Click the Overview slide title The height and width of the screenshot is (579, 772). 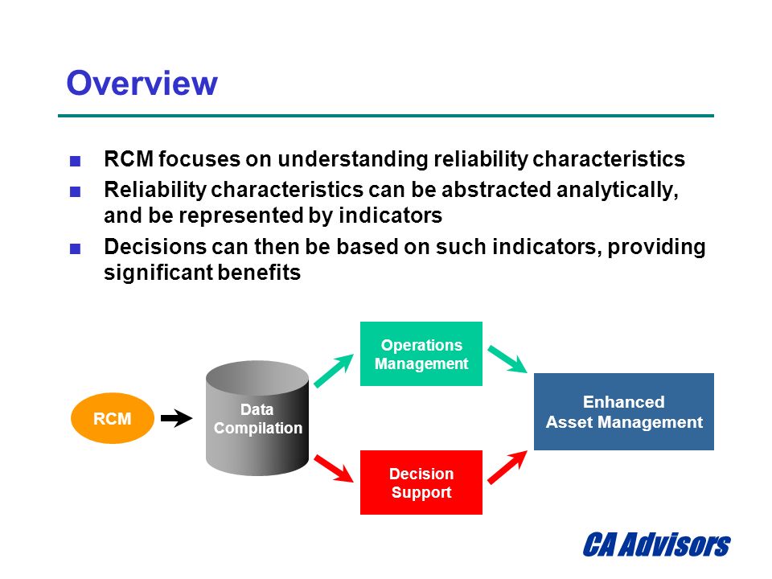click(142, 83)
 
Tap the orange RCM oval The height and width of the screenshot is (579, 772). click(113, 418)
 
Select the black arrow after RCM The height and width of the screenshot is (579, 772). click(176, 418)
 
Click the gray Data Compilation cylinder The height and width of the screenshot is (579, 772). click(257, 418)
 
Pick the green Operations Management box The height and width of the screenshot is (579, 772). click(421, 354)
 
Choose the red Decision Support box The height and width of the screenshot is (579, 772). click(421, 482)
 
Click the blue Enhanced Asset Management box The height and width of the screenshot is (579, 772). click(624, 412)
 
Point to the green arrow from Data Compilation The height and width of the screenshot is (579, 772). click(334, 370)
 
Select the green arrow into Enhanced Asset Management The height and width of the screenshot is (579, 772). click(507, 359)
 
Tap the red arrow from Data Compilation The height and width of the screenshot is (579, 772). click(334, 468)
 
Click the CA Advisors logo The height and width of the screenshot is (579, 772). click(656, 544)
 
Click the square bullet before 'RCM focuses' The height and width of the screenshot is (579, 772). click(76, 161)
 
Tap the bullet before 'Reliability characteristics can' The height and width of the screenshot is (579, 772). click(76, 191)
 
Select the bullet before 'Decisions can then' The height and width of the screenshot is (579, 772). click(76, 248)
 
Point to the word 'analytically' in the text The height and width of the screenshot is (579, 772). click(618, 191)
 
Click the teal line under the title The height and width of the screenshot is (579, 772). click(386, 116)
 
